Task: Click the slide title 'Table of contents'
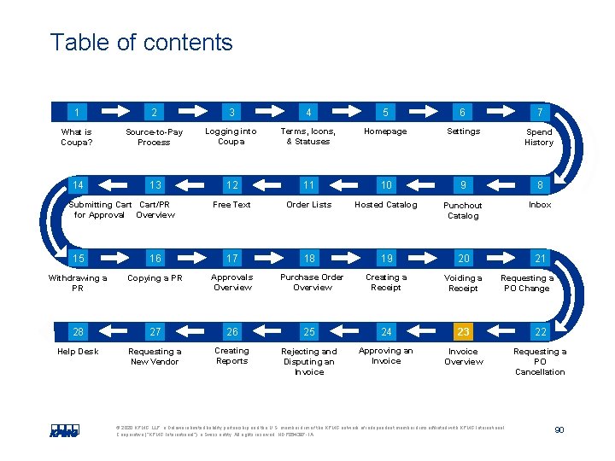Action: tap(141, 43)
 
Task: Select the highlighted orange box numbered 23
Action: tap(463, 332)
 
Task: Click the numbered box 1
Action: tap(78, 112)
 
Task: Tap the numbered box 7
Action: tap(540, 112)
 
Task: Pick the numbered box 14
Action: tap(78, 185)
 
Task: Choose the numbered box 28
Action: tap(78, 332)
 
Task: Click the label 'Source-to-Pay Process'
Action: tap(154, 137)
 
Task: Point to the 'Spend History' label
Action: tap(539, 137)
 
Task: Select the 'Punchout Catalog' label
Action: tap(463, 211)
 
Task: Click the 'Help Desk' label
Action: tap(78, 352)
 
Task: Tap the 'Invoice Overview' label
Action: tap(463, 356)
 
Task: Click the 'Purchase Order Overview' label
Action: tap(312, 283)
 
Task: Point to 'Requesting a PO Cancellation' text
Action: tap(540, 361)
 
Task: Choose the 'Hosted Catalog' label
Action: tap(386, 205)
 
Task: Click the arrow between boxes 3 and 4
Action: tap(269, 112)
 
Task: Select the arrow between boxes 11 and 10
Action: tap(347, 185)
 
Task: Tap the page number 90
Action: tap(559, 430)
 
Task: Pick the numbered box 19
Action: tap(386, 259)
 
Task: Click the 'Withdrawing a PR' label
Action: tap(78, 283)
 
